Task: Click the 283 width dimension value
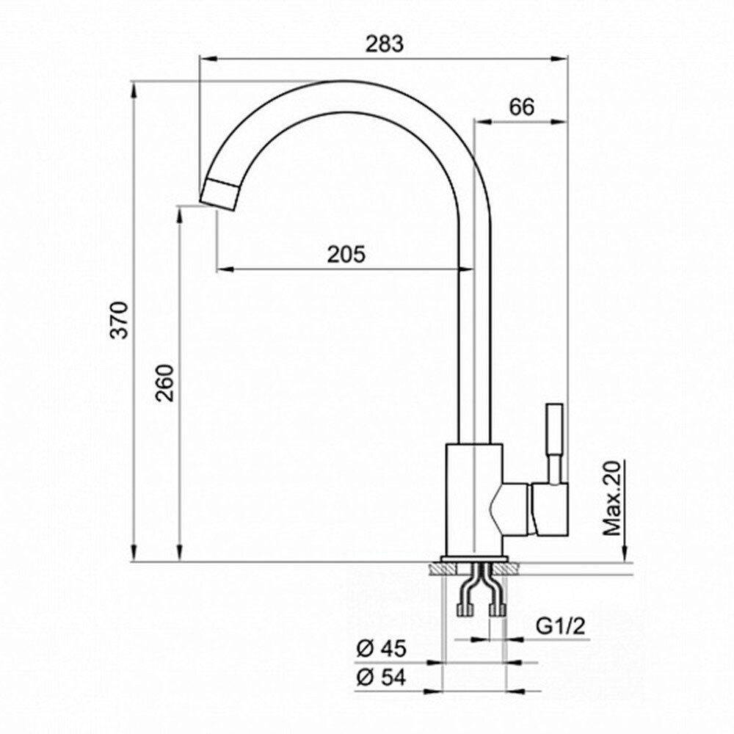[x=384, y=44]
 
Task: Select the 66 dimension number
[x=521, y=107]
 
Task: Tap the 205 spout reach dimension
[x=346, y=255]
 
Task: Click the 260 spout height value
[x=164, y=382]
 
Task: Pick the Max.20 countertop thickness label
[x=612, y=498]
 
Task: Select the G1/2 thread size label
[x=560, y=626]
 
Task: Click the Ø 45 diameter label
[x=381, y=649]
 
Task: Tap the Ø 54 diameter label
[x=381, y=677]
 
